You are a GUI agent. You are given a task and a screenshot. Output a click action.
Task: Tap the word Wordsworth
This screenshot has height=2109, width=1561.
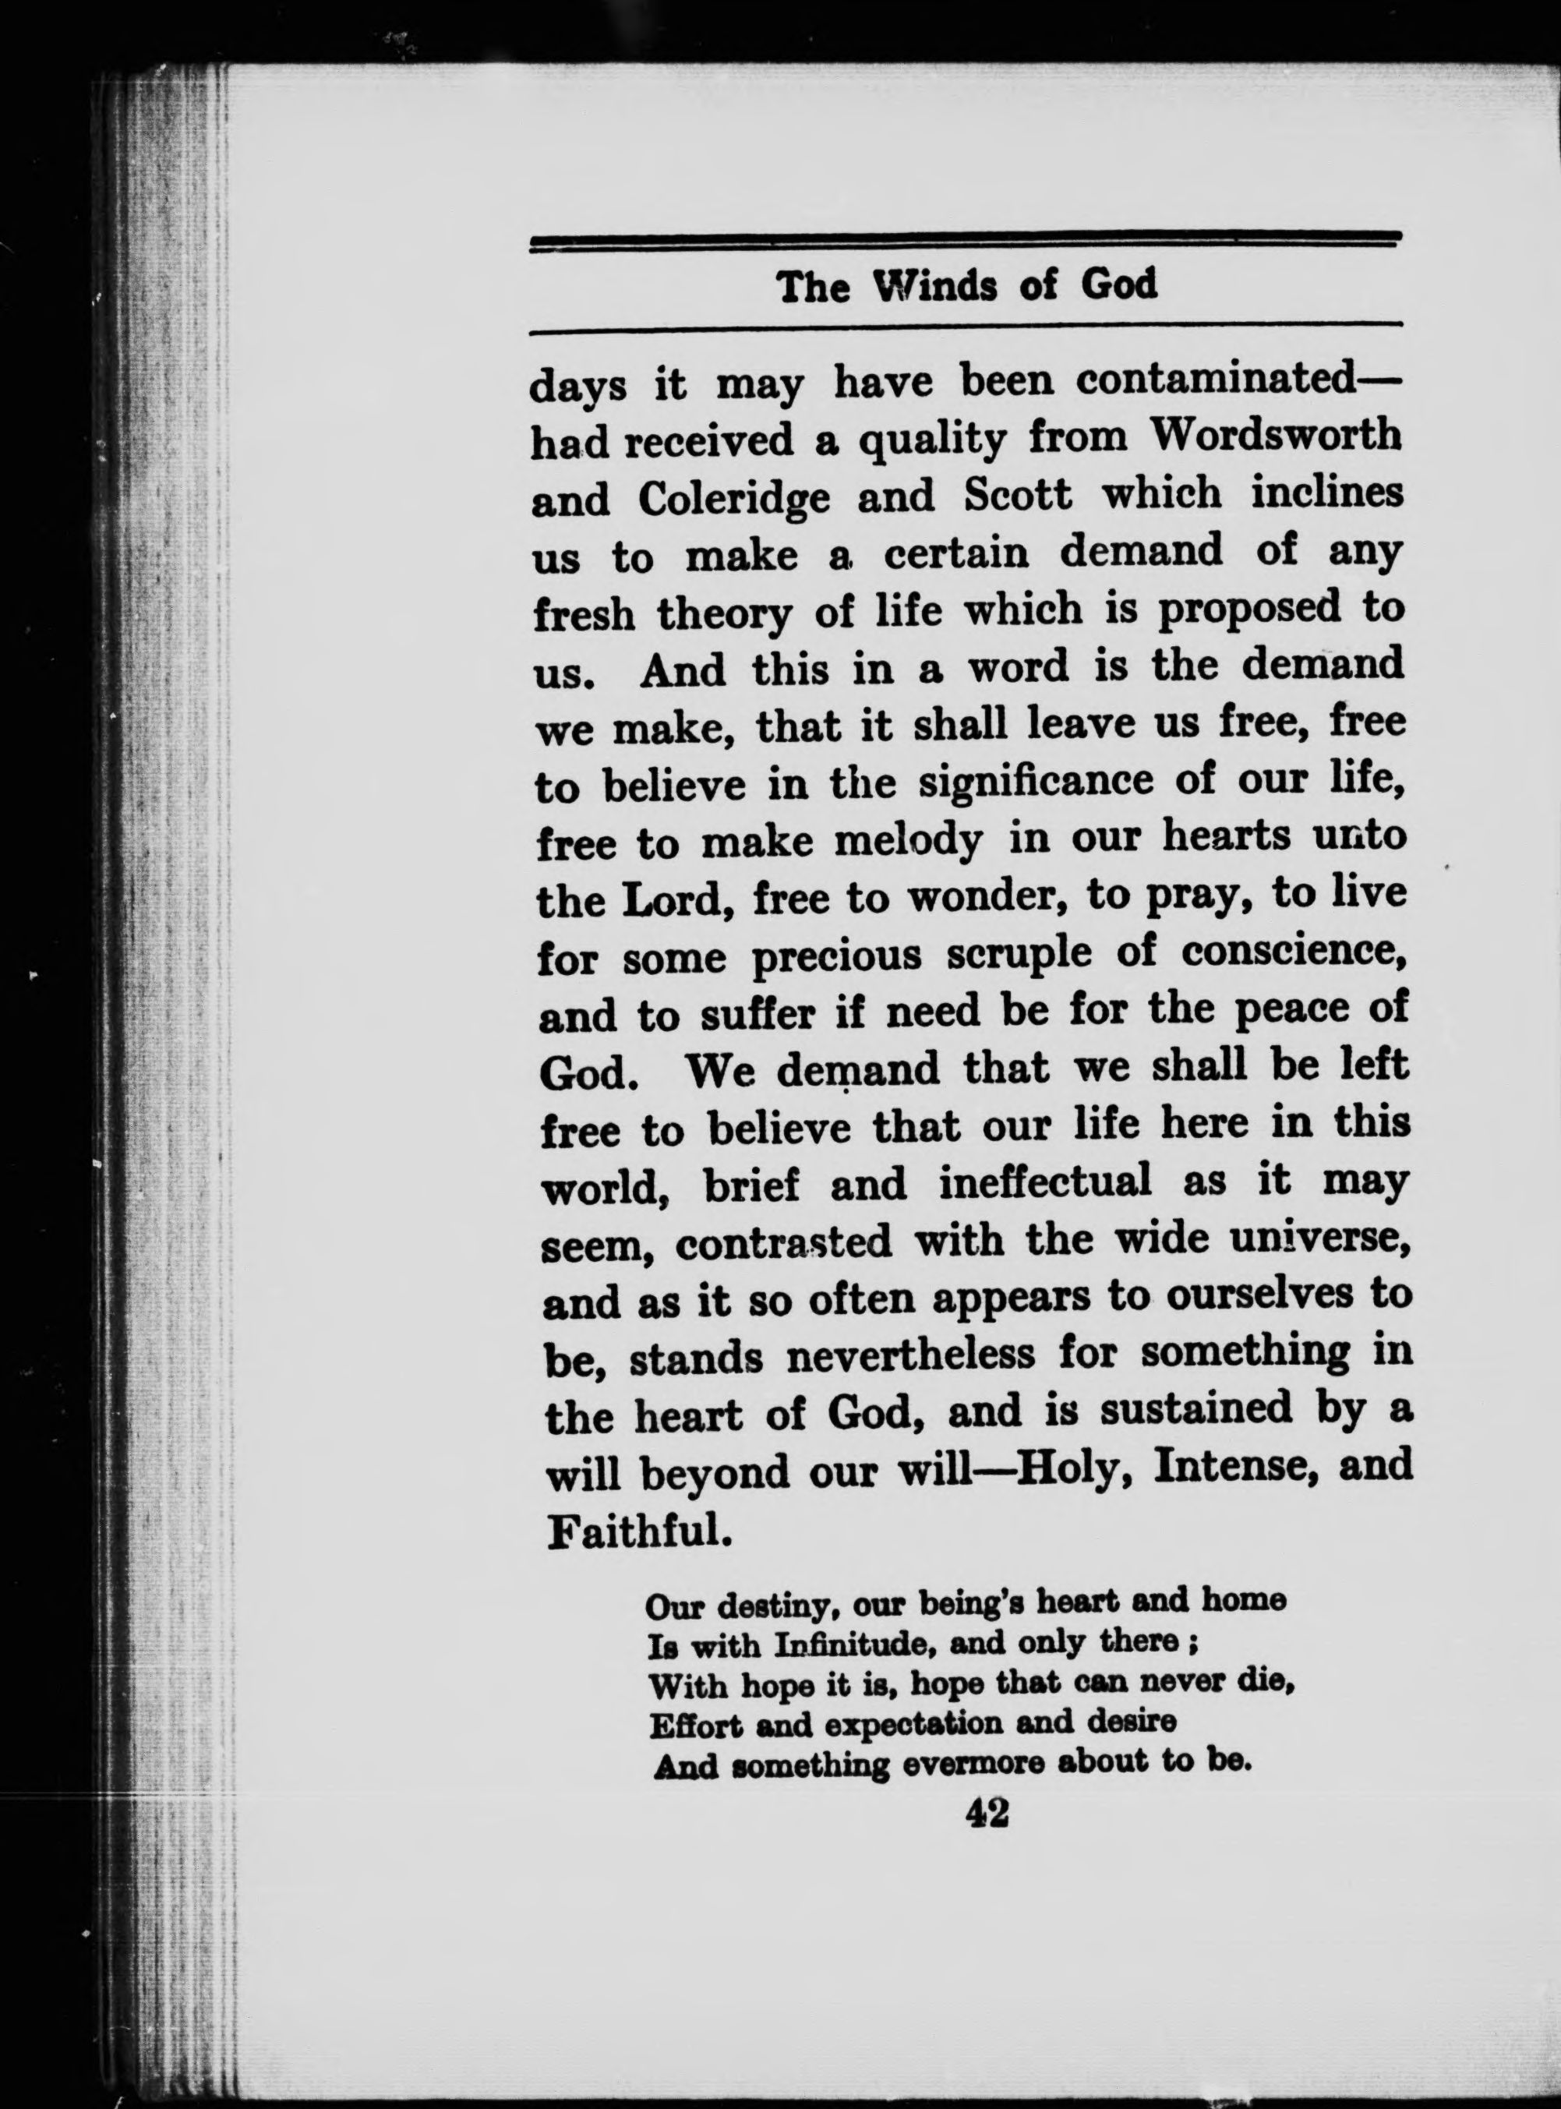[1276, 436]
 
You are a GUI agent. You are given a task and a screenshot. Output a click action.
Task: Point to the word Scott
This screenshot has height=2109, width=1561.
[1017, 494]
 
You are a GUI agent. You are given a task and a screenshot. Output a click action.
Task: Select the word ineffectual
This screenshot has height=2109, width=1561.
[1046, 1182]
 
